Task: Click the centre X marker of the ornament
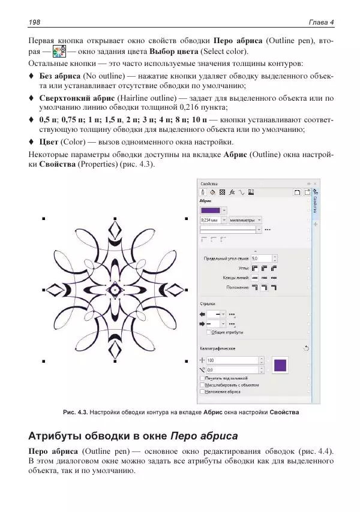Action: [114, 290]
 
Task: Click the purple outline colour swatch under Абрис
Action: [210, 210]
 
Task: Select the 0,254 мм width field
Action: [211, 219]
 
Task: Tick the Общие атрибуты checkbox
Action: [208, 332]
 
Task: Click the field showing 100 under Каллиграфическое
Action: [232, 360]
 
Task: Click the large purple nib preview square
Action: [280, 365]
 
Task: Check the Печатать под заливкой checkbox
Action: [202, 378]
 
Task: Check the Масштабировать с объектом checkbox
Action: [202, 385]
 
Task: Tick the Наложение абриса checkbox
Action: [202, 391]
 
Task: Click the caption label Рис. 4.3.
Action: [76, 412]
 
